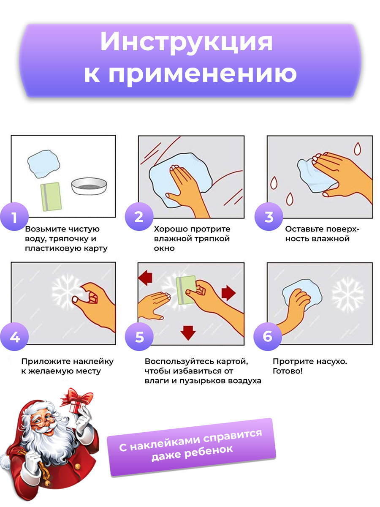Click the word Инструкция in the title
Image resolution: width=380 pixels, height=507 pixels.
click(187, 42)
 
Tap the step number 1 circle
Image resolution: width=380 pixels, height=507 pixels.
click(14, 216)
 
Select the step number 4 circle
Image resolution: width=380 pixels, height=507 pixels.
click(14, 337)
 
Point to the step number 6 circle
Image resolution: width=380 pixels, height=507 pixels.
click(268, 337)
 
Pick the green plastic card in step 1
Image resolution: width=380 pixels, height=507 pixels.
click(51, 196)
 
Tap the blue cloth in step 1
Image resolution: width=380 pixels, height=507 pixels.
click(43, 164)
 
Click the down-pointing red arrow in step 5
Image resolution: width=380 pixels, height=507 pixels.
click(188, 333)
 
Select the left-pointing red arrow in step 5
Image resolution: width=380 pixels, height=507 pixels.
click(145, 278)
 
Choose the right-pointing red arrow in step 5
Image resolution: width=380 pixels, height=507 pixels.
click(228, 293)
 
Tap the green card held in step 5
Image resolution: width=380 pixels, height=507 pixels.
click(186, 290)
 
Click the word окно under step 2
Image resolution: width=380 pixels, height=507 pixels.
click(164, 248)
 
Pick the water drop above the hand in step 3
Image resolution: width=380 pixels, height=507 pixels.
click(357, 149)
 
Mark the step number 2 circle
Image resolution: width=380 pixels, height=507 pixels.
click(139, 216)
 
